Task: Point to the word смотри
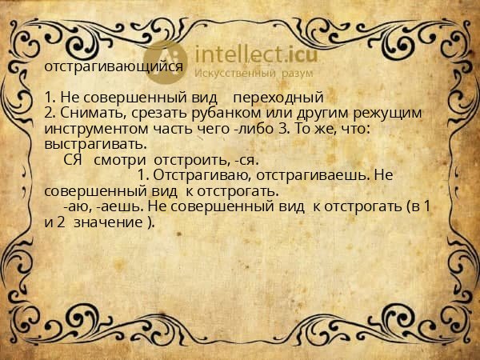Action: coord(121,160)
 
